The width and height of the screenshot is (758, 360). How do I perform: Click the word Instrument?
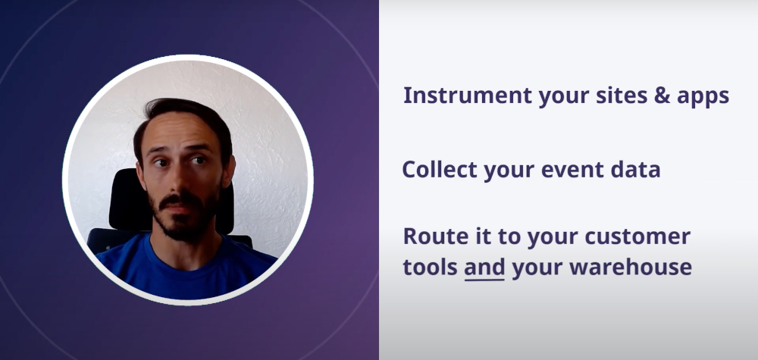[x=468, y=95]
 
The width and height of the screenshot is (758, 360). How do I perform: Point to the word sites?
[x=622, y=95]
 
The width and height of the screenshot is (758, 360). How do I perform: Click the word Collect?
[x=440, y=170]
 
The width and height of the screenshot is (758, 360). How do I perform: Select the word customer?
[x=637, y=236]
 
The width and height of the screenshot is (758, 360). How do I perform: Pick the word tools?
[x=431, y=268]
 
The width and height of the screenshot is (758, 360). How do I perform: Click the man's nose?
[x=179, y=178]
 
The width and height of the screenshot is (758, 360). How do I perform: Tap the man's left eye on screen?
[x=160, y=162]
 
